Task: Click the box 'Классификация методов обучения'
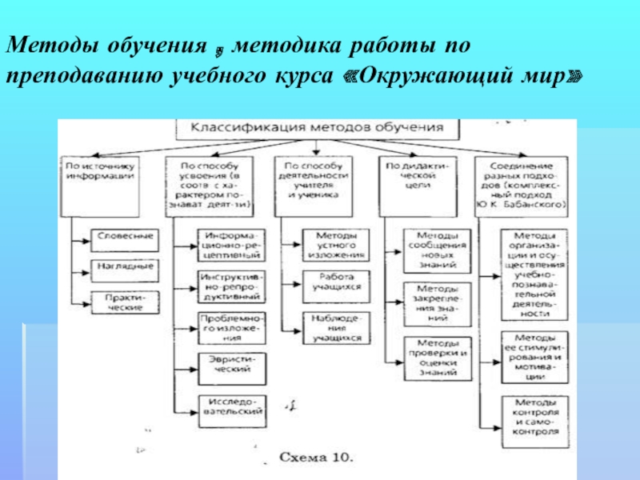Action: pos(317,128)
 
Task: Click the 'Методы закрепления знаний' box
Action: pos(431,301)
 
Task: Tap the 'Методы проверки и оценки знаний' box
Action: pos(431,358)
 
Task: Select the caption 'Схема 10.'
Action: pos(315,458)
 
